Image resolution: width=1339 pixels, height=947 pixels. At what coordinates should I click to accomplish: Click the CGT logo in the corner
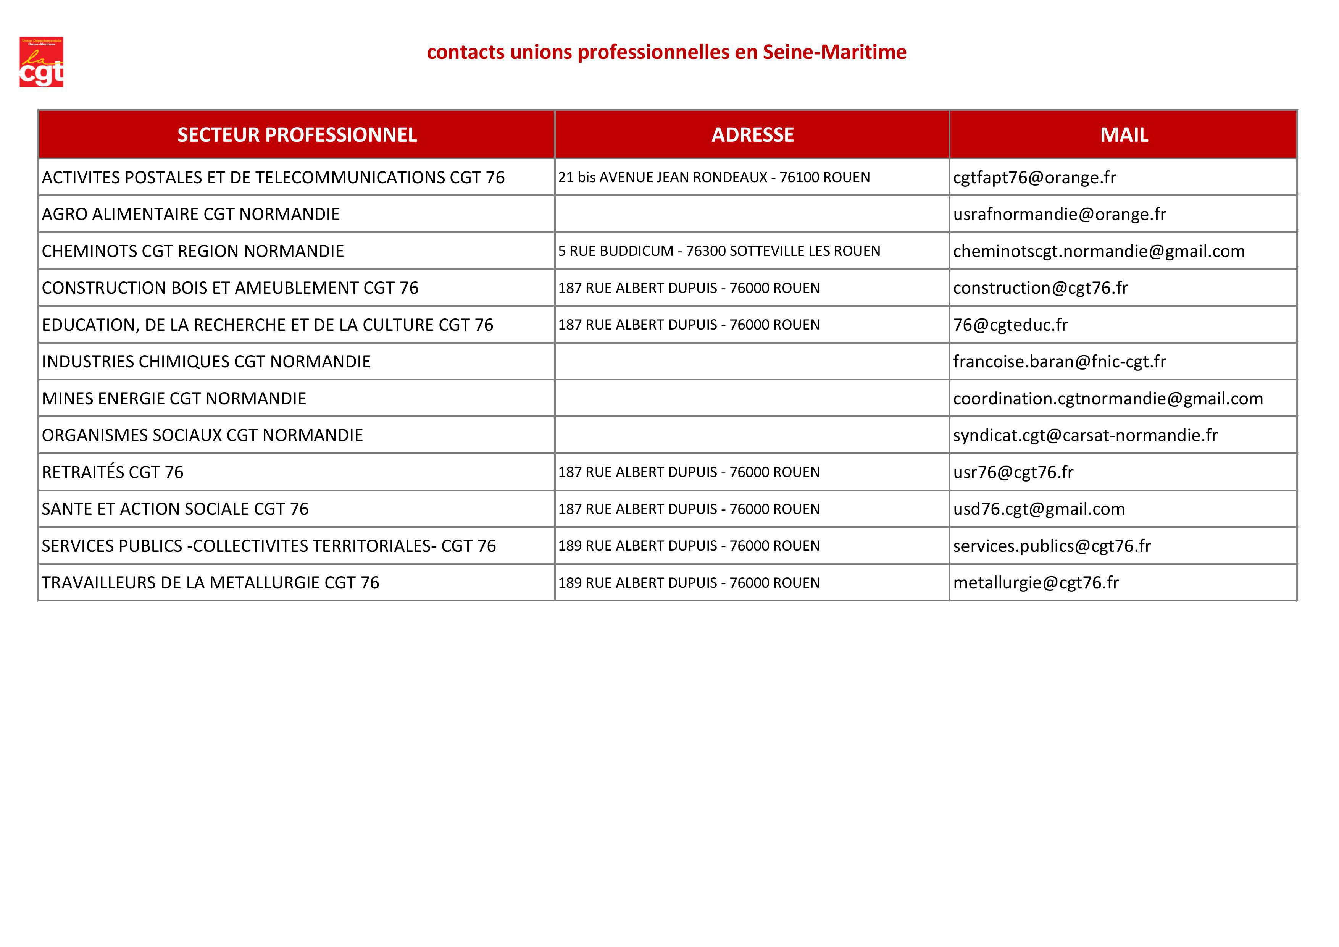coord(41,62)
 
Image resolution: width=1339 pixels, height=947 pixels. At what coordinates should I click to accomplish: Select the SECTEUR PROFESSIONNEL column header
coord(297,135)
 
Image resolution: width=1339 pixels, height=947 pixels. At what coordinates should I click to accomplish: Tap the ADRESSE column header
coord(752,135)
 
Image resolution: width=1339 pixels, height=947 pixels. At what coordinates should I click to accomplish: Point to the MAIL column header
coord(1124,135)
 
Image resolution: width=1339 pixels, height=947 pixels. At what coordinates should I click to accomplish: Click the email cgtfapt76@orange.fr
coord(1034,178)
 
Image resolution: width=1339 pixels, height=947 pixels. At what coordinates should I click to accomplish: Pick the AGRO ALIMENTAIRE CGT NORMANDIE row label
coord(191,214)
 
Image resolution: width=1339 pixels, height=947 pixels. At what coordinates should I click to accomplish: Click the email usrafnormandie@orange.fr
coord(1059,214)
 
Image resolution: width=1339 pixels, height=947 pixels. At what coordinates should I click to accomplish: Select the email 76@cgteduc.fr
coord(1010,325)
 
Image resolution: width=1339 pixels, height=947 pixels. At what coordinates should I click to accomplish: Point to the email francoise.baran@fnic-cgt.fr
coord(1059,362)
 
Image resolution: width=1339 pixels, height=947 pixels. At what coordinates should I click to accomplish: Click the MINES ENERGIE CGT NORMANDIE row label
coord(174,399)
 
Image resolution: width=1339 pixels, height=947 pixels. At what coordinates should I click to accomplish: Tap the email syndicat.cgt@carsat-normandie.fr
coord(1085,435)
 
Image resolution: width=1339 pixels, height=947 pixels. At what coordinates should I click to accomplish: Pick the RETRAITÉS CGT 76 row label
coord(113,472)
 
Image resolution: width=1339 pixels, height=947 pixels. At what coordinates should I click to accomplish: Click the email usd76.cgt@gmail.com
coord(1039,509)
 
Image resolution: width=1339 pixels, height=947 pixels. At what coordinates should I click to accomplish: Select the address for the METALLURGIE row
coord(688,582)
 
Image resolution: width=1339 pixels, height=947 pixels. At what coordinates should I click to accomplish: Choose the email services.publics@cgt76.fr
coord(1052,546)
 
